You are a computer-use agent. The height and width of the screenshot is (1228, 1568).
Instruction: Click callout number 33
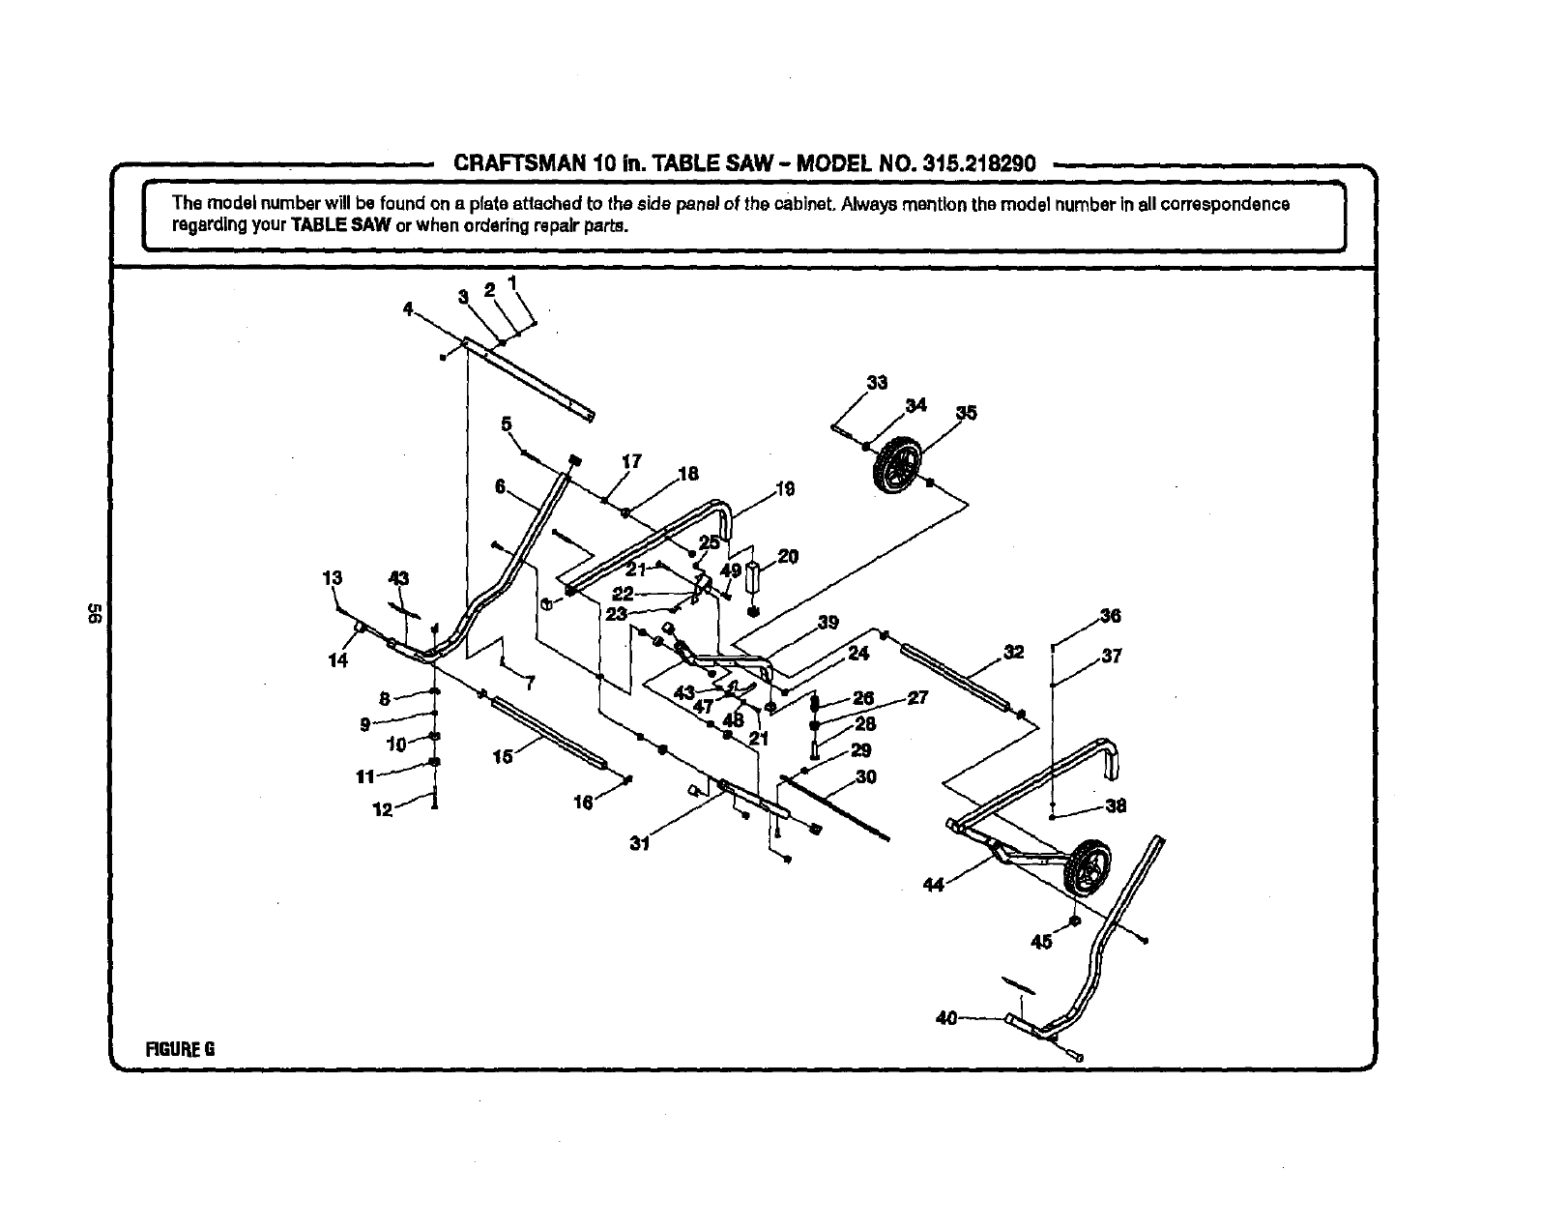[876, 383]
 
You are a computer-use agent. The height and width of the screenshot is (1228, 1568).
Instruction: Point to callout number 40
[946, 1017]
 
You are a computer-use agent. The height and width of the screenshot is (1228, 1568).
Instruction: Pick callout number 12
[384, 810]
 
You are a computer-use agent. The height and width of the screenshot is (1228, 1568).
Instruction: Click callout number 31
[638, 843]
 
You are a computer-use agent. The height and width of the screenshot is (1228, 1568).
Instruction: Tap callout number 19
[785, 489]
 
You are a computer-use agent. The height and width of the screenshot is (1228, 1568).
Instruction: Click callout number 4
[409, 309]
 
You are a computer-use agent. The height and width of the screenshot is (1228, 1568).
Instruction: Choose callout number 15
[503, 756]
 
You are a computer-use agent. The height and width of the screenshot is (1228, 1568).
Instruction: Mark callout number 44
[933, 884]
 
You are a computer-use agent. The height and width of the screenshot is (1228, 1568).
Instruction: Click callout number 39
[828, 623]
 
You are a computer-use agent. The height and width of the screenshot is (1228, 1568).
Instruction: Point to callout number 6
[501, 487]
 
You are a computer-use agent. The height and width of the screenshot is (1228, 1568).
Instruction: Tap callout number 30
[865, 776]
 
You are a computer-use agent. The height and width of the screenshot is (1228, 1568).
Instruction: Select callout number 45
[1041, 941]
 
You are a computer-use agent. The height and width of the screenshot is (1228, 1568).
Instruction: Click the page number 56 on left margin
[95, 612]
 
